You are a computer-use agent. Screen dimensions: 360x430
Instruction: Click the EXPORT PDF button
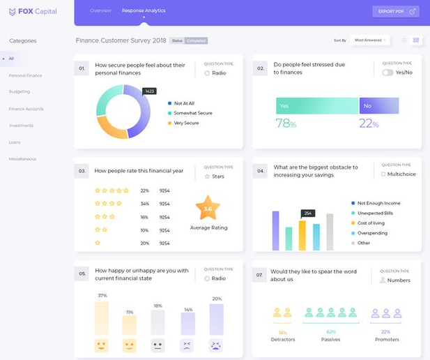[396, 11]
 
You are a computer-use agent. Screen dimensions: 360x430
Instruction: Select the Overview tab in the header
[100, 10]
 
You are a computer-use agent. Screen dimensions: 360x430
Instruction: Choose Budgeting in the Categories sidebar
[20, 91]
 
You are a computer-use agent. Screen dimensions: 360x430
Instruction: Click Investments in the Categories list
[21, 126]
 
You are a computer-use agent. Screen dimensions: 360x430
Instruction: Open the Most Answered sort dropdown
[369, 40]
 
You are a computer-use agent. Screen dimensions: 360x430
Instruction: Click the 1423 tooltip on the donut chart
[149, 91]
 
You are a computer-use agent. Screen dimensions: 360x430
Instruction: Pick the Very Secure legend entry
[186, 123]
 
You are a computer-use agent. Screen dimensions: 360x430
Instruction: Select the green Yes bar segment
[316, 105]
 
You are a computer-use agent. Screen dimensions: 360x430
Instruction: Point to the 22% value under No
[369, 124]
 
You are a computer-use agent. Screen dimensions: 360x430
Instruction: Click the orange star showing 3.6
[208, 208]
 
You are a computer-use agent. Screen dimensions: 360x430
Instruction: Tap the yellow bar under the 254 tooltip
[302, 235]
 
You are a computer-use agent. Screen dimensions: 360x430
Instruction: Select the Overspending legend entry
[372, 233]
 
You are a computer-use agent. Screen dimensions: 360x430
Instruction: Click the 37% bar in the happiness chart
[102, 317]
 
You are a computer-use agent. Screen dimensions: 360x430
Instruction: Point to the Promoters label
[387, 340]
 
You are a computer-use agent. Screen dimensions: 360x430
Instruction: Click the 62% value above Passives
[331, 332]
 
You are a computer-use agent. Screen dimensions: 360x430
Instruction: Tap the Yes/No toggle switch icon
[387, 73]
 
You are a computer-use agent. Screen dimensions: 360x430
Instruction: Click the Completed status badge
[197, 40]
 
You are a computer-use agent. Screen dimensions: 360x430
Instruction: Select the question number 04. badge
[260, 171]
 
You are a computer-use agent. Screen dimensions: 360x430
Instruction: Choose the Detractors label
[283, 340]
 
